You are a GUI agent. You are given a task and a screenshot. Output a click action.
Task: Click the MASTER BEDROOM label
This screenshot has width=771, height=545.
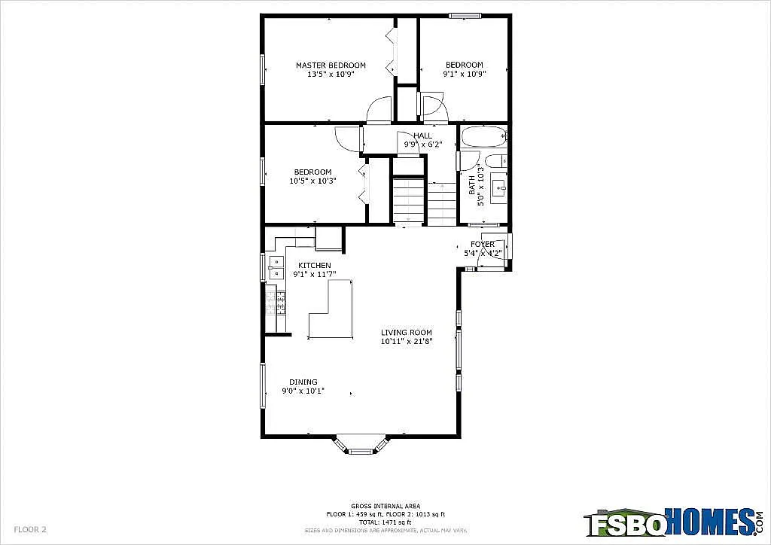tap(331, 65)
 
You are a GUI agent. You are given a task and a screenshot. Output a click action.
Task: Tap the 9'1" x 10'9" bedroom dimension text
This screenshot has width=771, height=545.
tap(464, 75)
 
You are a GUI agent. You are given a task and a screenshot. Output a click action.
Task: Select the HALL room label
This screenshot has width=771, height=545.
tap(422, 135)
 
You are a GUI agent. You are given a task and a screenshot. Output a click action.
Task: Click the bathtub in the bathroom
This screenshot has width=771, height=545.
tap(484, 139)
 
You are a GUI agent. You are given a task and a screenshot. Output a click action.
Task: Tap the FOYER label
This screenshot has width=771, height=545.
tap(483, 244)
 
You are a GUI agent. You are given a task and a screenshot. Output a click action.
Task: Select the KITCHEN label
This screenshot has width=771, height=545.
tap(314, 266)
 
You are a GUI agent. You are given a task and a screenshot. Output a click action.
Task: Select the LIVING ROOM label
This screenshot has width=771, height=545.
tap(406, 333)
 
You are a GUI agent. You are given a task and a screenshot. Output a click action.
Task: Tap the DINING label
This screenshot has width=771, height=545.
tap(303, 382)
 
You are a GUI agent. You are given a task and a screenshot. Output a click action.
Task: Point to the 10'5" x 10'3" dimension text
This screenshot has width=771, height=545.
tap(312, 181)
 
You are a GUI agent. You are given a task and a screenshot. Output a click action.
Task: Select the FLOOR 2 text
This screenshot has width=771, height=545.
tap(30, 529)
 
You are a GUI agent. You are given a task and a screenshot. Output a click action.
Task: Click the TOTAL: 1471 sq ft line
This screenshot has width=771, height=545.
tap(385, 522)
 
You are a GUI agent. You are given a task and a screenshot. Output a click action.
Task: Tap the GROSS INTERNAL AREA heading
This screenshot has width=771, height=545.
tap(385, 506)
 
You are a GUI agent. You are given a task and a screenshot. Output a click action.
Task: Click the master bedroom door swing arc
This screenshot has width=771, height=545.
tap(379, 110)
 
